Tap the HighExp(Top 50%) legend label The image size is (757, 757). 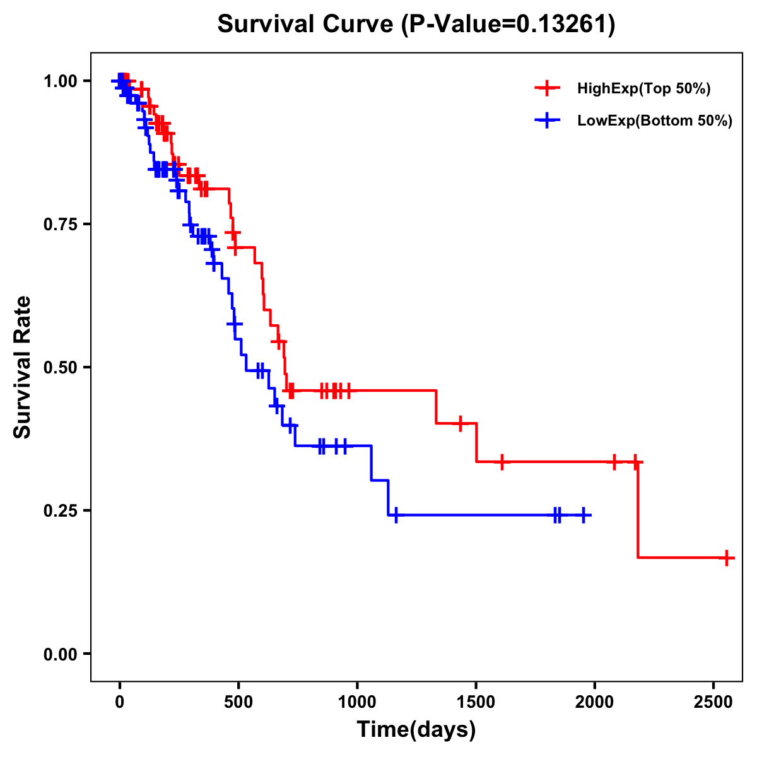(643, 89)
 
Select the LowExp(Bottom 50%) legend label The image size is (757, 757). (655, 121)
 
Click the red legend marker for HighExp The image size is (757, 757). (548, 88)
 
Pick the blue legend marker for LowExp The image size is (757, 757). (548, 120)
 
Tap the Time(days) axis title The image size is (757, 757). (416, 730)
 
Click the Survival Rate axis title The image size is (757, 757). (23, 367)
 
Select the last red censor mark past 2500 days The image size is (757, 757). (727, 558)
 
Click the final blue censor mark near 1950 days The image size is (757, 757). (584, 515)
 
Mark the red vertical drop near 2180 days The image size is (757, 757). (638, 510)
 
